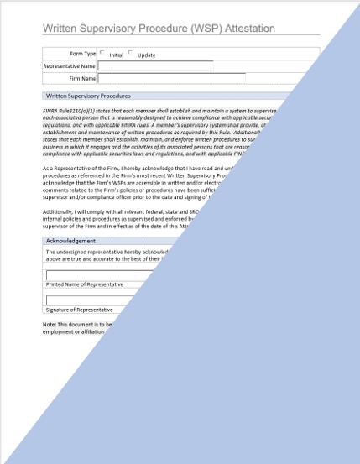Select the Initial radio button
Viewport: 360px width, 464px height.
point(102,53)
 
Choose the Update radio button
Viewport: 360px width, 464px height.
point(131,53)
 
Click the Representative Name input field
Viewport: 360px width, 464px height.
point(155,66)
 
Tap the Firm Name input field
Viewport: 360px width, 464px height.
point(172,79)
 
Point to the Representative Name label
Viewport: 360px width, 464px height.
point(69,66)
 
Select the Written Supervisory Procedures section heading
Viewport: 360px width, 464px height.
point(88,96)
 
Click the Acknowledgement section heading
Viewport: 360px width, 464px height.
point(70,241)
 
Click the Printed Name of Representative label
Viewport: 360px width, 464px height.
point(84,284)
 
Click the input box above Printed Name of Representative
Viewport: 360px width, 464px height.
point(101,274)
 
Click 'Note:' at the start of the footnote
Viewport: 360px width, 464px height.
point(50,324)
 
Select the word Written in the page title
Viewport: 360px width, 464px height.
point(61,29)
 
